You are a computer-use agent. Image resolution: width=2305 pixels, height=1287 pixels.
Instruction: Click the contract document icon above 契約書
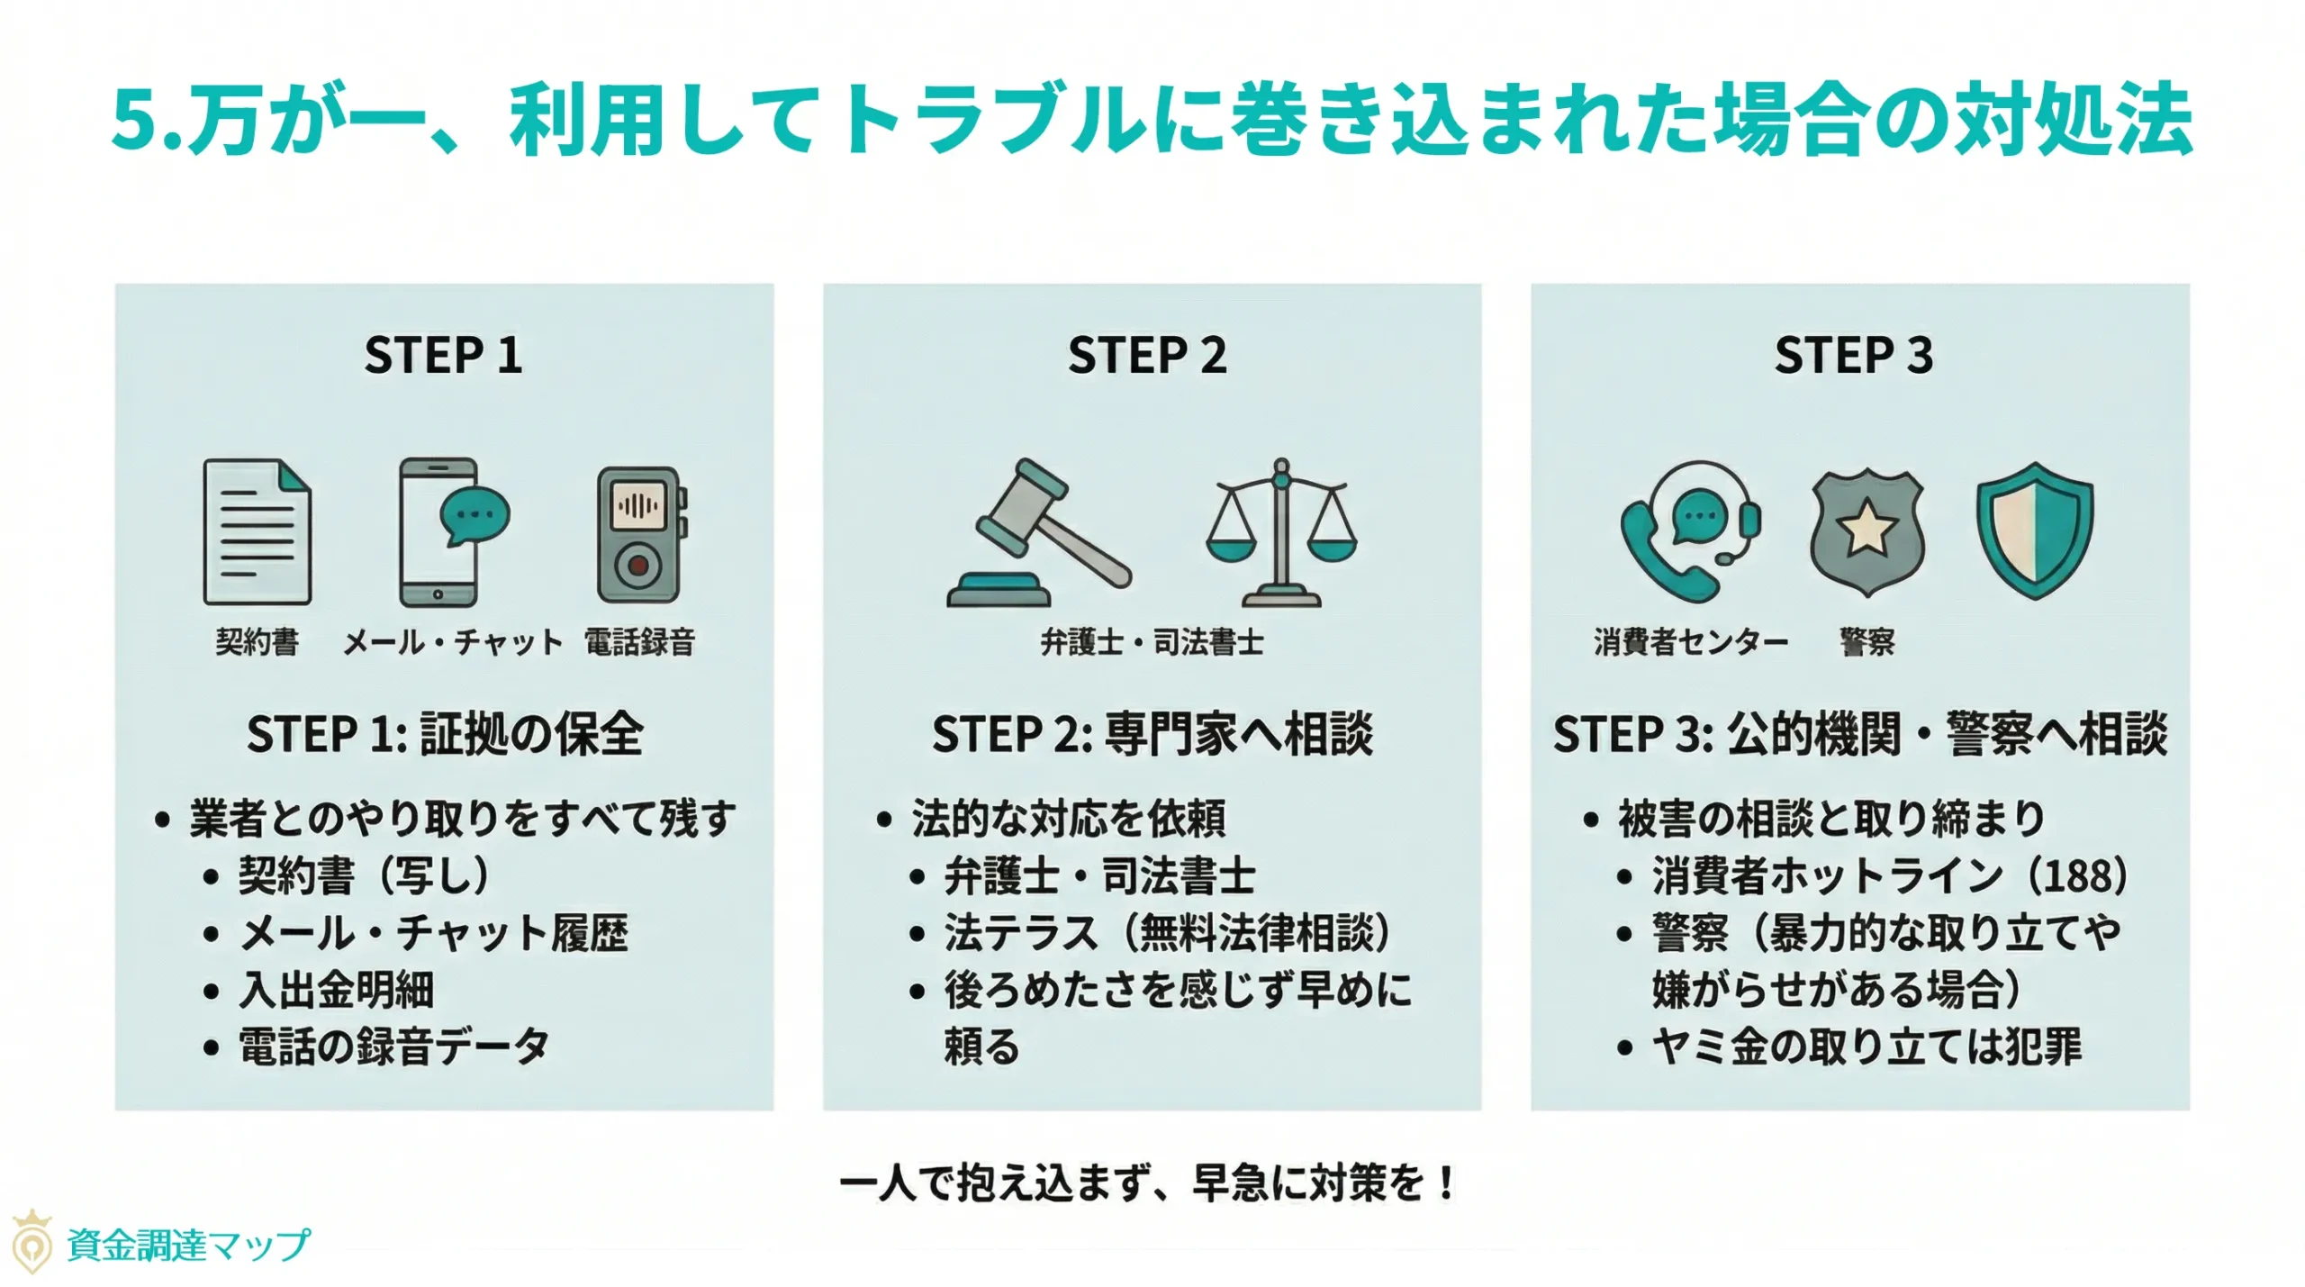[258, 531]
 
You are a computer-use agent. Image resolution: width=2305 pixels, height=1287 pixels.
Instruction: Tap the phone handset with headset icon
[1688, 531]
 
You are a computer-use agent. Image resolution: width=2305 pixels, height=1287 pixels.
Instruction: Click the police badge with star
[1867, 531]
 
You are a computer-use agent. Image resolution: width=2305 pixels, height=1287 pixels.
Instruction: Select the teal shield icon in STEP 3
[2034, 531]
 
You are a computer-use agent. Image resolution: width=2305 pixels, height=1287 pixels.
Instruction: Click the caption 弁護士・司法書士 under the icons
[1152, 642]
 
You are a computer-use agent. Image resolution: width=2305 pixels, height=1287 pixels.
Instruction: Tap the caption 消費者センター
[1690, 642]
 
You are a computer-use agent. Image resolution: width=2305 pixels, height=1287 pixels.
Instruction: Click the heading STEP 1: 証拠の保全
[445, 733]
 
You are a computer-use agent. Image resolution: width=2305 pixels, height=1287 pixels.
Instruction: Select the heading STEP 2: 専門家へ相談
[1152, 733]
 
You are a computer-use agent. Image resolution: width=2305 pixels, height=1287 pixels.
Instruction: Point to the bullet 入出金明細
[336, 990]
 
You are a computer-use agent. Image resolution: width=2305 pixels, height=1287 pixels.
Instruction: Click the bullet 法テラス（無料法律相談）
[1167, 932]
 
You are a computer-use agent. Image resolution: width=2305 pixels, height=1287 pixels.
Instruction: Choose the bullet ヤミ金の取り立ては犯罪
[1866, 1047]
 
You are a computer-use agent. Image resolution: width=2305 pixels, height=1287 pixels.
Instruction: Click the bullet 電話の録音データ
[393, 1047]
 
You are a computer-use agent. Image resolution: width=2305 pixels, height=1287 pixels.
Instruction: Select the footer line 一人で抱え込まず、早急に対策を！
[1147, 1183]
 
